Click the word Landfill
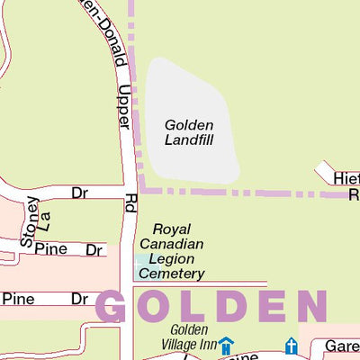point(190,139)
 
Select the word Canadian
point(172,244)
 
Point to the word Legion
point(173,258)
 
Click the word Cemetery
point(173,274)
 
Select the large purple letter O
point(155,307)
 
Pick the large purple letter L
point(192,307)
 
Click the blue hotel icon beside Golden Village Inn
point(226,346)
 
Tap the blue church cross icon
point(291,346)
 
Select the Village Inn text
point(189,345)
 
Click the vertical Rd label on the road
point(131,202)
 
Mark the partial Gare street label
point(342,346)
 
